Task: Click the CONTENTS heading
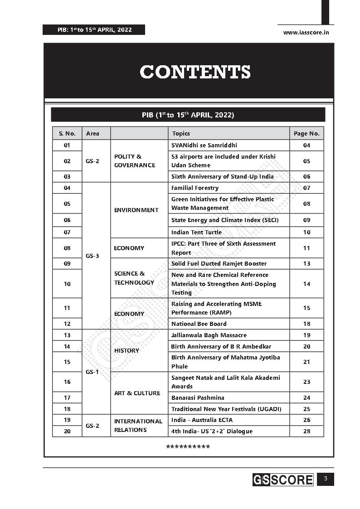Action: (x=195, y=72)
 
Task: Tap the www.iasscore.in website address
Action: (x=306, y=32)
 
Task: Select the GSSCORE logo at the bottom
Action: (x=283, y=480)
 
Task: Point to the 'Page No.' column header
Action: (x=306, y=133)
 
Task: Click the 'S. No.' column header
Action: (x=67, y=133)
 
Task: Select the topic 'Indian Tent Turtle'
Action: (x=196, y=232)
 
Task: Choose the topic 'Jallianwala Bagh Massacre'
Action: (x=209, y=335)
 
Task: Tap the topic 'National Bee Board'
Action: (x=199, y=324)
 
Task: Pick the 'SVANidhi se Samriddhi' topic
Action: (x=204, y=145)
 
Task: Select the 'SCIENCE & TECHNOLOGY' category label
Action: (x=134, y=278)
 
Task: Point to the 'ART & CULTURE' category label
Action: (x=137, y=393)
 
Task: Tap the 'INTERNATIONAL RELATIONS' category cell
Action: (x=138, y=425)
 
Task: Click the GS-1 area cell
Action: (x=92, y=372)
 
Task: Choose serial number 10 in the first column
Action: (x=67, y=284)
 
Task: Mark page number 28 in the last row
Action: (x=306, y=431)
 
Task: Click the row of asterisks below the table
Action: (x=188, y=447)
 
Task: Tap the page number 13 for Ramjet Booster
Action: (x=306, y=263)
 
